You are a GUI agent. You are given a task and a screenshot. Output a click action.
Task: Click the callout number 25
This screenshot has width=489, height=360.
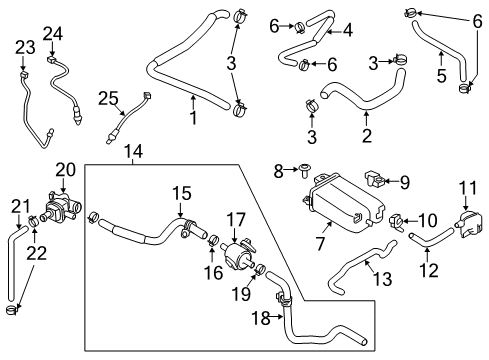(x=109, y=96)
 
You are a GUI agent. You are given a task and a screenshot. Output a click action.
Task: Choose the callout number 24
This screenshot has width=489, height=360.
(x=52, y=33)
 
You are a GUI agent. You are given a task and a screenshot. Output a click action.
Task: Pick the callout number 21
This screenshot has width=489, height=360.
(x=16, y=205)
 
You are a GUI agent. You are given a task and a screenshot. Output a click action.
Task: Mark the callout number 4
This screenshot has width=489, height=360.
(x=347, y=30)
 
